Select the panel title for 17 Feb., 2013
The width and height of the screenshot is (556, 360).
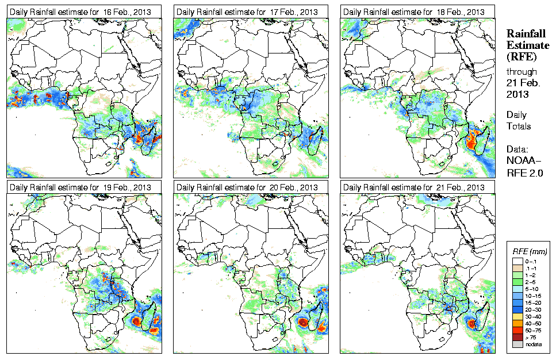(247, 12)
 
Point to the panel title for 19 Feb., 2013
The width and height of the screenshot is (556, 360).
(80, 187)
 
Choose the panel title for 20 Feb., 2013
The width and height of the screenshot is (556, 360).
(247, 187)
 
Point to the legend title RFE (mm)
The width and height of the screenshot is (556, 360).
(530, 251)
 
